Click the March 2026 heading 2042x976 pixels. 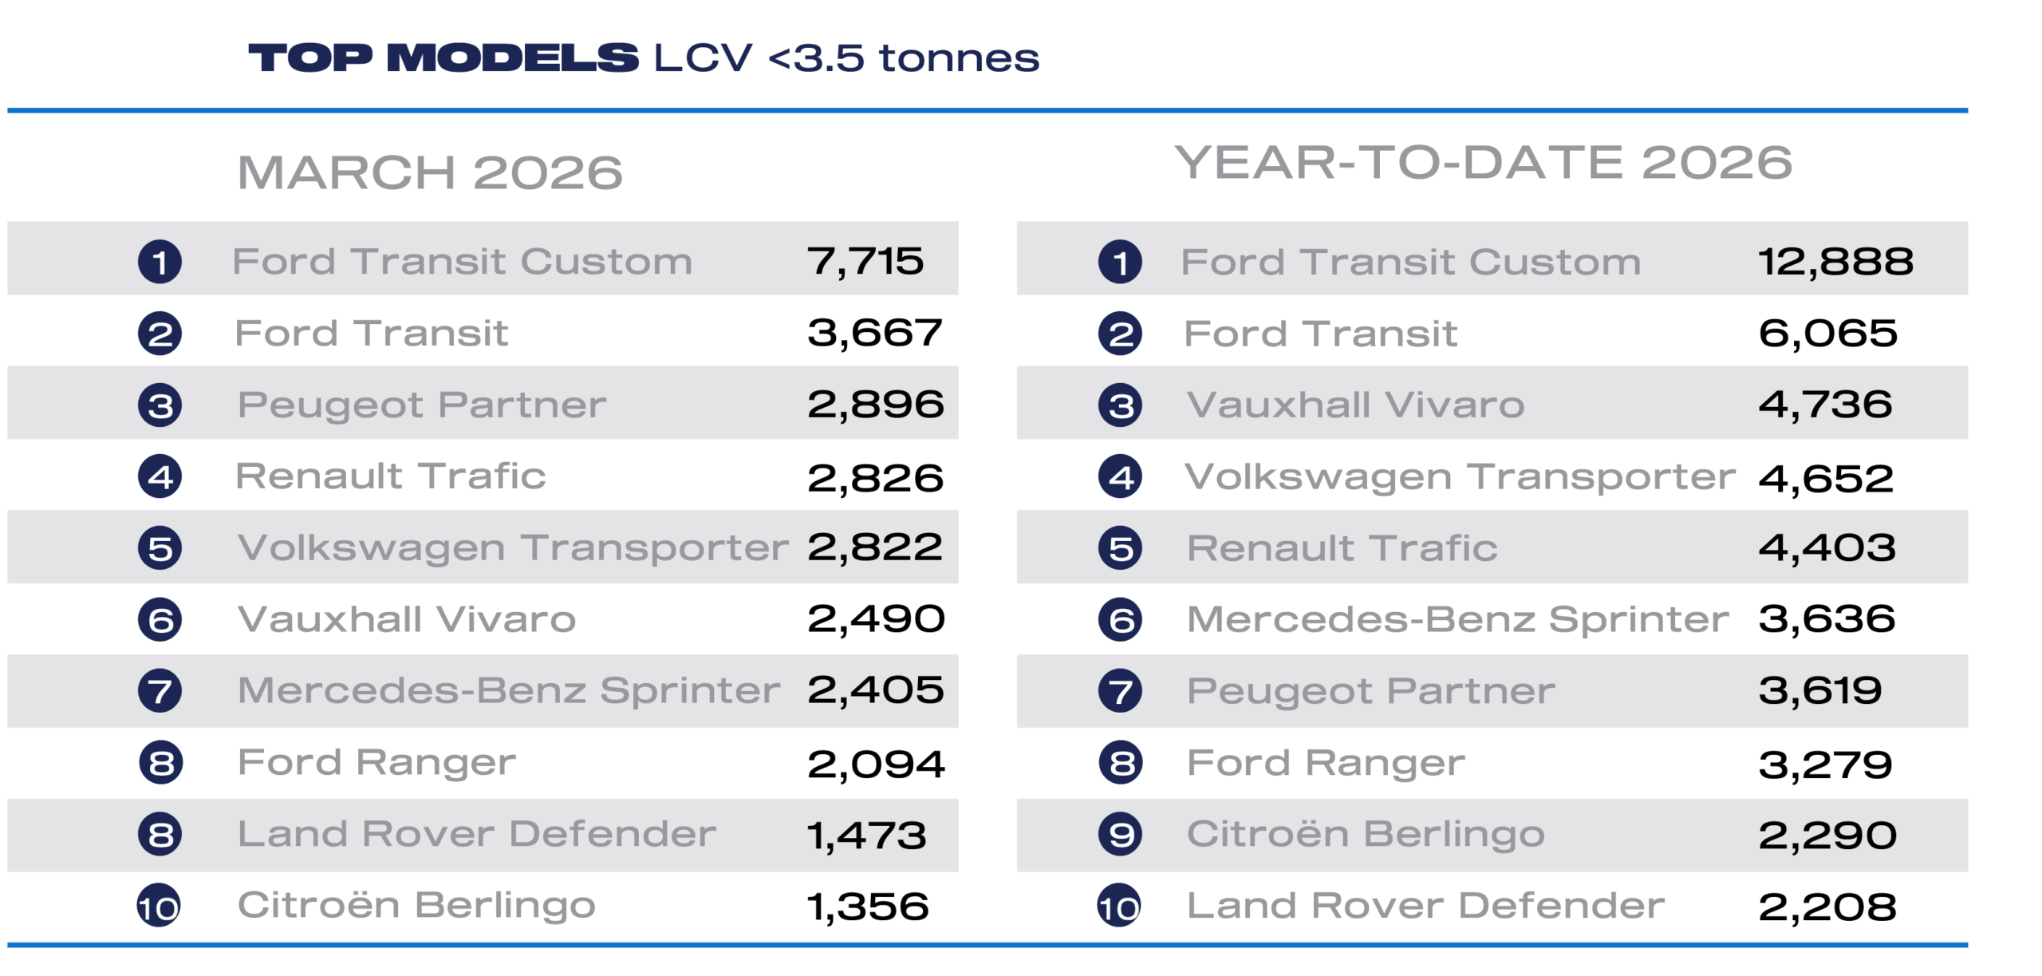pos(430,172)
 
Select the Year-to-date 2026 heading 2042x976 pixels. pos(1483,163)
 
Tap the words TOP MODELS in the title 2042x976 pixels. pos(443,58)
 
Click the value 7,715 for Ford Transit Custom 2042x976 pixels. pos(865,261)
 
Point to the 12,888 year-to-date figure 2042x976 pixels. pos(1835,261)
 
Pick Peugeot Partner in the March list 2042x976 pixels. pos(422,405)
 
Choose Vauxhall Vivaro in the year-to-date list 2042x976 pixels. pos(1355,405)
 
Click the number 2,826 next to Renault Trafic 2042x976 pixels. pos(875,478)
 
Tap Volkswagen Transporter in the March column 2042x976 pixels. pos(513,548)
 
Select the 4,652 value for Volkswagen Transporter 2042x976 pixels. pos(1825,478)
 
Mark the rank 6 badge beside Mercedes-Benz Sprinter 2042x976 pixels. pos(1120,620)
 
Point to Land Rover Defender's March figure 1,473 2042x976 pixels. pos(866,835)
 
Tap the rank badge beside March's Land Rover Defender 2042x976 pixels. pos(160,835)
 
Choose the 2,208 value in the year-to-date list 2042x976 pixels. pos(1827,907)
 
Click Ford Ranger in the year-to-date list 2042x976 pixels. pos(1326,763)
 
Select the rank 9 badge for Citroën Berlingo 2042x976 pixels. pos(1120,835)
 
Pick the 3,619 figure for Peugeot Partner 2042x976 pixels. pos(1819,691)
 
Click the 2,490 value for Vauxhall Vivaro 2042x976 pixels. pos(876,619)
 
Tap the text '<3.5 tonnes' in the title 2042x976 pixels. pos(904,58)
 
